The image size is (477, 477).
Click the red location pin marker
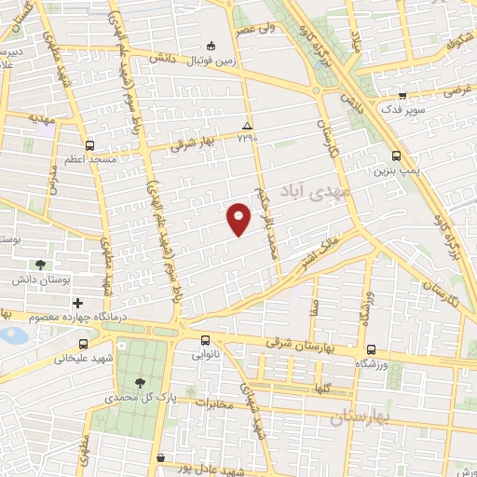pos(239,219)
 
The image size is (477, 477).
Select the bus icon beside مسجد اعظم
pos(89,145)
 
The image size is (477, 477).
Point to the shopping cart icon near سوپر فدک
pos(402,96)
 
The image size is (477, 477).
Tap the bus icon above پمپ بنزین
pos(397,157)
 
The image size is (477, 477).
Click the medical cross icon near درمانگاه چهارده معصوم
pos(77,303)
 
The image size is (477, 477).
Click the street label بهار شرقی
pos(197,141)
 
